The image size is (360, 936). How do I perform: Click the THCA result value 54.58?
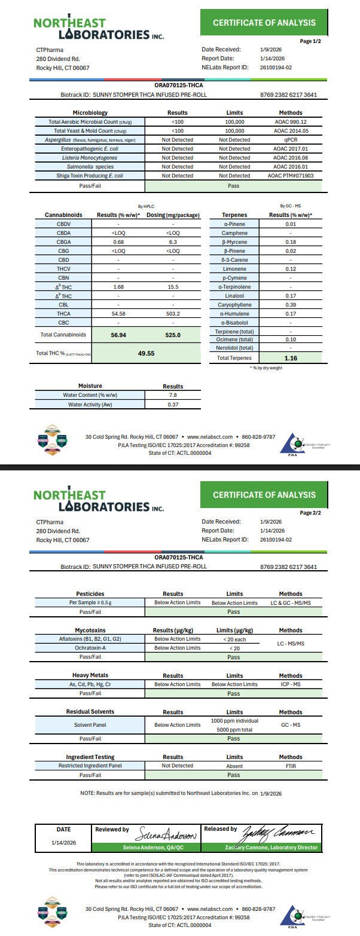click(118, 314)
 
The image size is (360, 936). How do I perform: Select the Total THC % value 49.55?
click(146, 353)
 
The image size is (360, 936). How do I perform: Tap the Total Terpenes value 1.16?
click(291, 358)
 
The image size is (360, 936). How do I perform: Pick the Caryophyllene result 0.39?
click(291, 305)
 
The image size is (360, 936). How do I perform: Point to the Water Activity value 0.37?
click(173, 405)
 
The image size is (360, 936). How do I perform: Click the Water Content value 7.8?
click(173, 395)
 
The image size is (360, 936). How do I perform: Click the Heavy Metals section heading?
click(91, 675)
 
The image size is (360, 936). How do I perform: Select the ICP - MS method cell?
click(291, 684)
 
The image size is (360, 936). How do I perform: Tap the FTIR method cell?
click(291, 766)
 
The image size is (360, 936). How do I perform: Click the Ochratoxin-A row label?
click(90, 648)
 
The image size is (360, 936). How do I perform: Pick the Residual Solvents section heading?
click(90, 712)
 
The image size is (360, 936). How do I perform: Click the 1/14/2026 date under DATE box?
click(63, 842)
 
